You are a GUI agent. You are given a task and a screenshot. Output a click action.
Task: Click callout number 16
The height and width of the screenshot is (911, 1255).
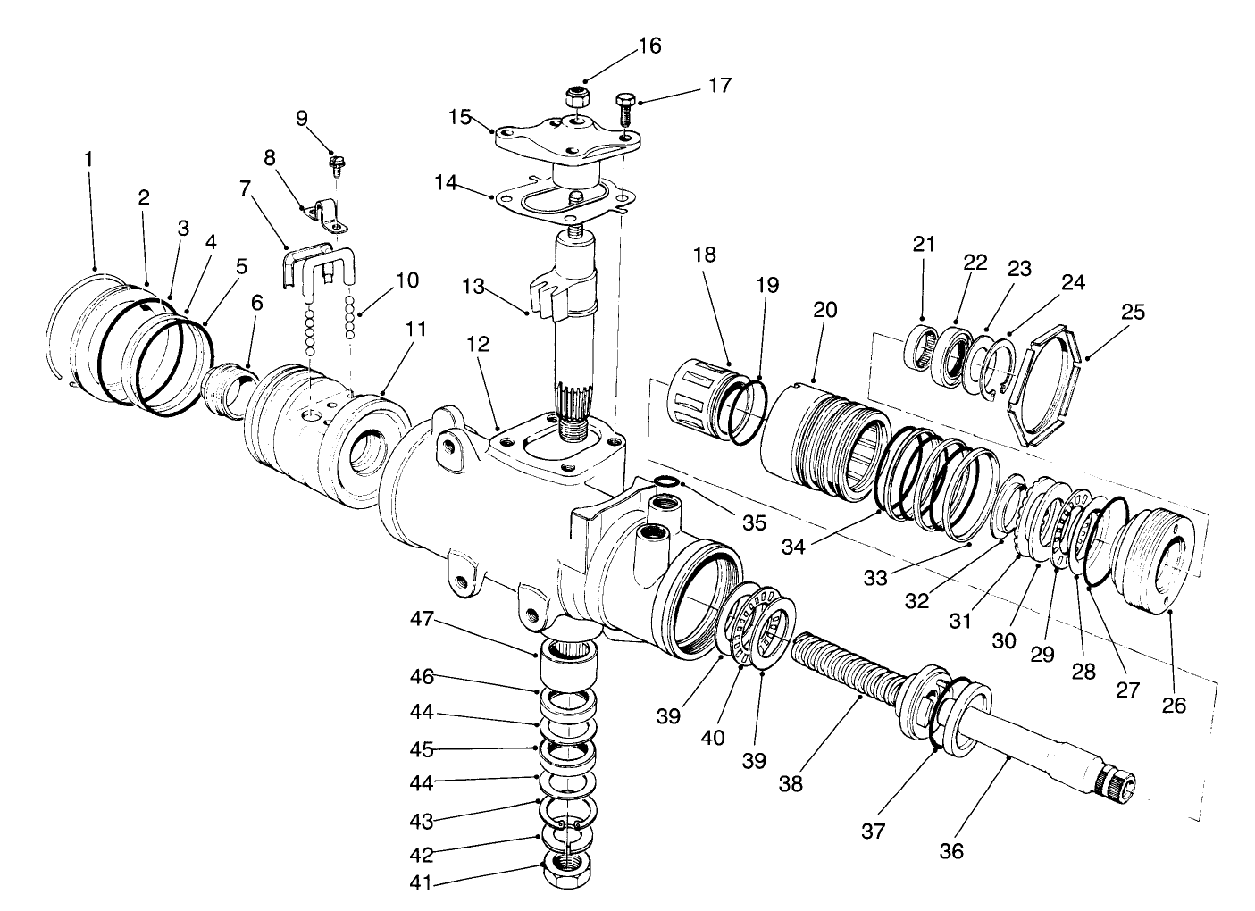[649, 46]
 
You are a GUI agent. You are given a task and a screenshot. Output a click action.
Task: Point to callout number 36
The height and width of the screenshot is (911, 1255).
[951, 851]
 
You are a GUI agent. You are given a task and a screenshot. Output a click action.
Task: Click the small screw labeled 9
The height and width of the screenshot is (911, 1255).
[339, 164]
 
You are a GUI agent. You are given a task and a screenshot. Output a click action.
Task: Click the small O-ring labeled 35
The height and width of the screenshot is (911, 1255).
[663, 484]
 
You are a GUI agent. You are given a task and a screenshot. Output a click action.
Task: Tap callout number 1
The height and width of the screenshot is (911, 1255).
[88, 160]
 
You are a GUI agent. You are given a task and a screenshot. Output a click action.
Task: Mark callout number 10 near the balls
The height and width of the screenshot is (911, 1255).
[406, 280]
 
